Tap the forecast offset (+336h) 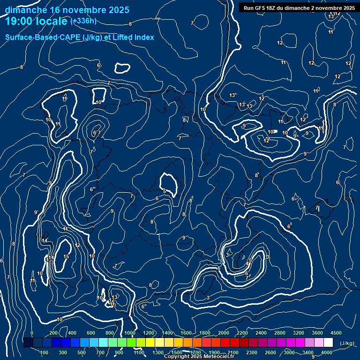click(83, 21)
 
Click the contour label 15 click(66, 256)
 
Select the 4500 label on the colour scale click(336, 333)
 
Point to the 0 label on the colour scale click(32, 333)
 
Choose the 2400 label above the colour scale click(261, 333)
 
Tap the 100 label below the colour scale click(45, 352)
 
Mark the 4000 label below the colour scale click(327, 352)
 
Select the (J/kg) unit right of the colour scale click(346, 343)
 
